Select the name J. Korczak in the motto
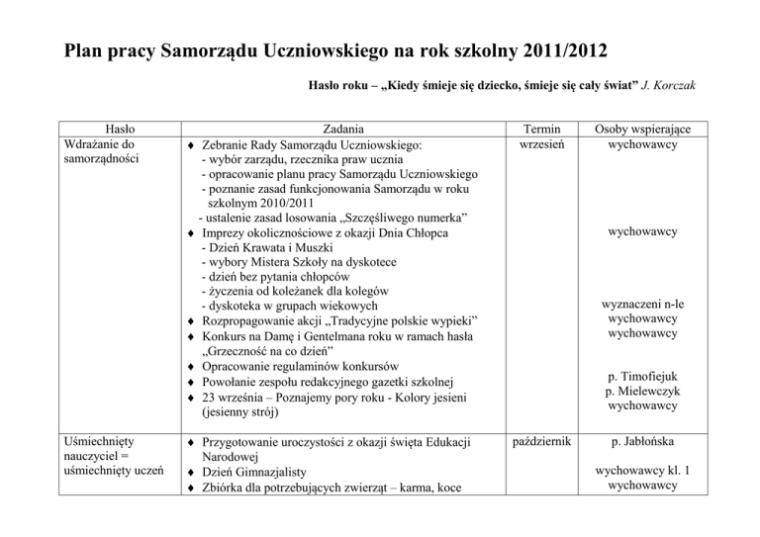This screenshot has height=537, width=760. click(x=667, y=87)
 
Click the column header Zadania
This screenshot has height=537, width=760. click(x=340, y=128)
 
